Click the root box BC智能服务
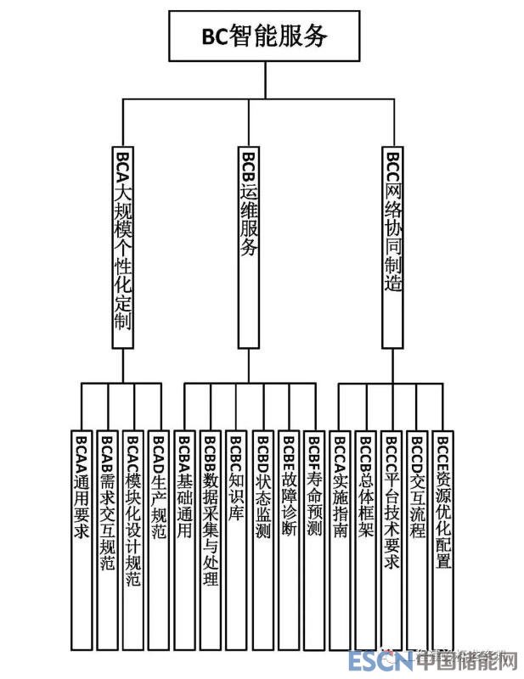[264, 36]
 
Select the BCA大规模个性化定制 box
[122, 246]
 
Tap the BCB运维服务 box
[248, 246]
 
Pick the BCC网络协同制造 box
[392, 246]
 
